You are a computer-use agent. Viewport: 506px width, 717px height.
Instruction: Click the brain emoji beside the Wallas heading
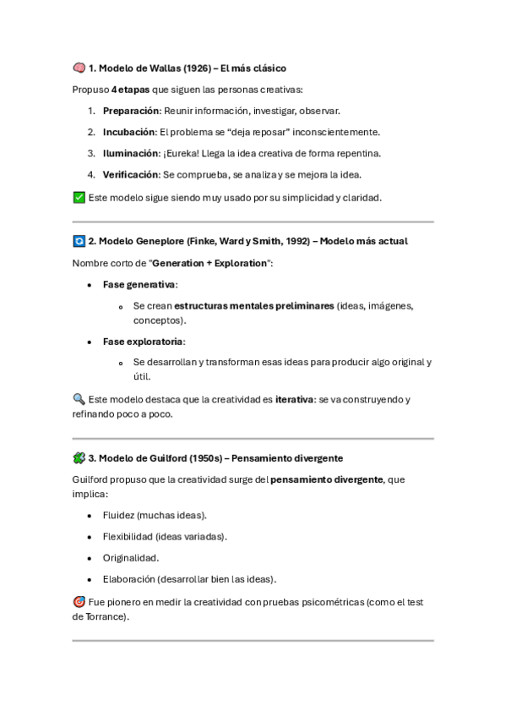[79, 68]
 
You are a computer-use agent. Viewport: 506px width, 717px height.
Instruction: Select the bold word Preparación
[130, 111]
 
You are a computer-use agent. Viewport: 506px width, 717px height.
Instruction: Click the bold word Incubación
[129, 132]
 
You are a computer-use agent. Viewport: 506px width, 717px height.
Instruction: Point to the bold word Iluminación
[130, 153]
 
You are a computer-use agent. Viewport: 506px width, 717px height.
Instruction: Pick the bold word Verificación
[131, 175]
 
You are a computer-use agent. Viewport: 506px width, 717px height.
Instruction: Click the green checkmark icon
[79, 197]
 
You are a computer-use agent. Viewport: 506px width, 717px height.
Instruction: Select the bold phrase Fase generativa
[139, 285]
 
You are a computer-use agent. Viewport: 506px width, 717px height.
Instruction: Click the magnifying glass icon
[79, 399]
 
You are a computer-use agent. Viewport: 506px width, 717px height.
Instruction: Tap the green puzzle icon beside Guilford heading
[79, 458]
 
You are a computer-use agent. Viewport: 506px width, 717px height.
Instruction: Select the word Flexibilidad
[129, 536]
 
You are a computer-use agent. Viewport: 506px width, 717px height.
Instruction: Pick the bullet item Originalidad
[130, 558]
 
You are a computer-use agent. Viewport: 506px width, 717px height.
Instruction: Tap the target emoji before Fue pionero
[79, 602]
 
